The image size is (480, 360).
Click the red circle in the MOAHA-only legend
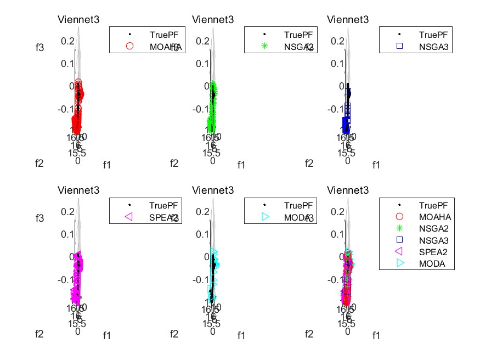coord(130,47)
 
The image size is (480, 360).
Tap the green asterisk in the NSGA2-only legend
coord(265,47)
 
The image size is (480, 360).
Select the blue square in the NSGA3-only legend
coord(399,47)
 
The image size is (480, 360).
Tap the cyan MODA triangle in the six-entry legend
coord(399,263)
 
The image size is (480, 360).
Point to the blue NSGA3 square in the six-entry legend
coord(399,240)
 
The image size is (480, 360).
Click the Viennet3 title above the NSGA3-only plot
coord(348,20)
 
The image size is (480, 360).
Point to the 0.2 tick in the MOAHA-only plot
coord(67,41)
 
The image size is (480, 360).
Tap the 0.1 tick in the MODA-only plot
coord(202,234)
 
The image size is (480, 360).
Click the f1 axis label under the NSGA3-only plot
coord(376,165)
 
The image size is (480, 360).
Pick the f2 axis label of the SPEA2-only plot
coord(39,334)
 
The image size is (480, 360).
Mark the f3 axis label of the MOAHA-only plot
coord(39,48)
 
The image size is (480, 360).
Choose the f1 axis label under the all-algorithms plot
coord(376,335)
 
